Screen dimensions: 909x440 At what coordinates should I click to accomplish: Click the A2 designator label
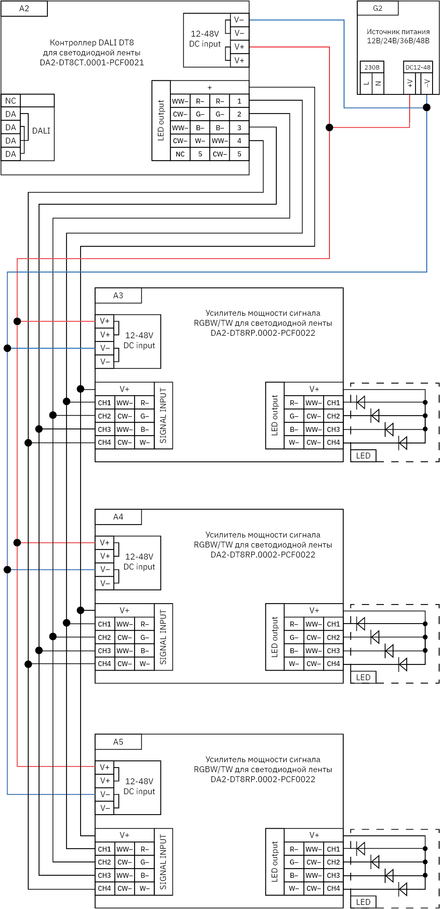[x=24, y=9]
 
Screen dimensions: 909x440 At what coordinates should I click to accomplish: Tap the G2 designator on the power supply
[x=377, y=8]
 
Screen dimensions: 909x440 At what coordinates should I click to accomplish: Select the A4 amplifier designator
[x=118, y=517]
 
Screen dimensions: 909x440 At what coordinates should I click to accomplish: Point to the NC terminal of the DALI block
[x=11, y=101]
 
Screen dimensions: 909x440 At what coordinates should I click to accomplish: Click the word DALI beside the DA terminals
[x=41, y=131]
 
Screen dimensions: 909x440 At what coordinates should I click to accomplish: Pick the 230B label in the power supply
[x=372, y=67]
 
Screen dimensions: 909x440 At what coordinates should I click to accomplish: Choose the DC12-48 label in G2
[x=418, y=67]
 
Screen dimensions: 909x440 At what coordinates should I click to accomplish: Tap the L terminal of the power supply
[x=366, y=83]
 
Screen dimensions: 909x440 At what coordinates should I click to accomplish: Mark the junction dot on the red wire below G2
[x=329, y=127]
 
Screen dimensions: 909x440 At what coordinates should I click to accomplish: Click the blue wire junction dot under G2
[x=427, y=107]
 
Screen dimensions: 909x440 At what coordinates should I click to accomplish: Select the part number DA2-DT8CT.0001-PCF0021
[x=92, y=63]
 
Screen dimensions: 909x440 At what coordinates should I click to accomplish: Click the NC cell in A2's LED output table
[x=180, y=154]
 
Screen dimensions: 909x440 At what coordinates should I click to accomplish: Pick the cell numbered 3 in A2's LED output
[x=239, y=127]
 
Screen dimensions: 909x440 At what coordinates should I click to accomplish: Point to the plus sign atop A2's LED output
[x=210, y=87]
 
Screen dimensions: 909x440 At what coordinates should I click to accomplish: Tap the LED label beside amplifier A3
[x=363, y=456]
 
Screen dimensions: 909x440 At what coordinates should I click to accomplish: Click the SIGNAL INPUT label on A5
[x=163, y=861]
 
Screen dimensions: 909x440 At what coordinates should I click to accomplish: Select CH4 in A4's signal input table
[x=105, y=664]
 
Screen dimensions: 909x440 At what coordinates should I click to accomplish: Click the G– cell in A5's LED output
[x=294, y=862]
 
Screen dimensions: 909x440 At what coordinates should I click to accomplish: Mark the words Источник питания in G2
[x=398, y=32]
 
